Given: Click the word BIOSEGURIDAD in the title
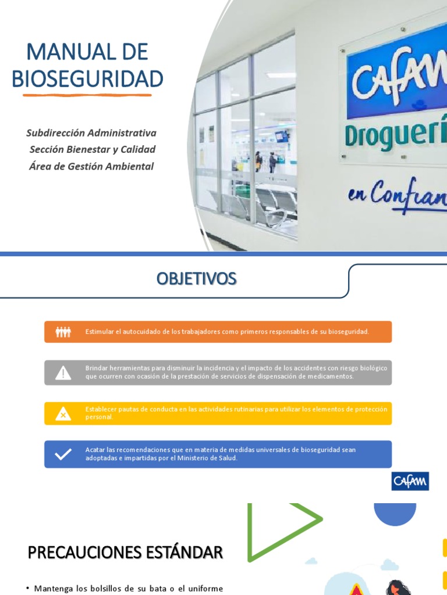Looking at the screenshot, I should (x=87, y=78).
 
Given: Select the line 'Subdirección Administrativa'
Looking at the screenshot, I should (x=91, y=133).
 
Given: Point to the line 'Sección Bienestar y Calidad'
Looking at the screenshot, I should (x=93, y=149).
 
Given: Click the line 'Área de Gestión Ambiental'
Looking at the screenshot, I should (x=91, y=166).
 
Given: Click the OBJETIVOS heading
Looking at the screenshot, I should (x=196, y=279).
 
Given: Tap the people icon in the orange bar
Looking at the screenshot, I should (x=63, y=332).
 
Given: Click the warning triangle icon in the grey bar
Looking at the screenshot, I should (x=63, y=373).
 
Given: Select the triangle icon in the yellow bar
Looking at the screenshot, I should (x=63, y=414).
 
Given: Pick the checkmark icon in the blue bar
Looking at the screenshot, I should (x=63, y=454).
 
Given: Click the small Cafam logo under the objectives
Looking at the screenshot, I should (x=410, y=481).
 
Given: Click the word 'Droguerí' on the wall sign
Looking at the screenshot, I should (x=396, y=135).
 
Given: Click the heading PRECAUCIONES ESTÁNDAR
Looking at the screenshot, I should (x=125, y=553).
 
